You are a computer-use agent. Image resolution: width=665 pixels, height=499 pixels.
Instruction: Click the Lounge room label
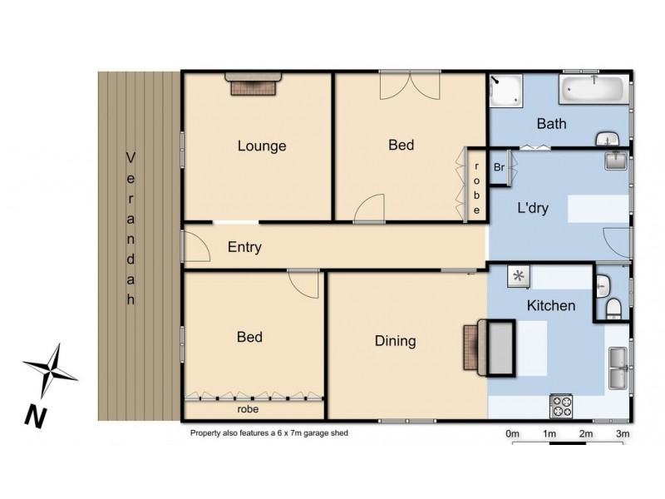(262, 146)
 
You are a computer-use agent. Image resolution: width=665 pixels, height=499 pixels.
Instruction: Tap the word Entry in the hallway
(244, 247)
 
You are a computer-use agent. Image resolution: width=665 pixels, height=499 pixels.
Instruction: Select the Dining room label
(395, 341)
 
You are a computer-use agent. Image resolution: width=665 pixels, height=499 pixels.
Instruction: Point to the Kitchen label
(551, 305)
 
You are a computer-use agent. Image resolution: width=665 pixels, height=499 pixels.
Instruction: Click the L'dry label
(533, 209)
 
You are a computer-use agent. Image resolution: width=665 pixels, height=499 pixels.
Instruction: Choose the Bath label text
(552, 125)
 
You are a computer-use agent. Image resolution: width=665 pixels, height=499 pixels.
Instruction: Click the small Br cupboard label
(499, 167)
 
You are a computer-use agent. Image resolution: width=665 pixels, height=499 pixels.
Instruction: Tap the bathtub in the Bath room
(595, 90)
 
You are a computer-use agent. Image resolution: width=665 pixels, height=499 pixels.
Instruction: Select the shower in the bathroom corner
(506, 92)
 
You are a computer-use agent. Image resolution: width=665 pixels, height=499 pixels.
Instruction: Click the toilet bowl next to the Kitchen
(613, 309)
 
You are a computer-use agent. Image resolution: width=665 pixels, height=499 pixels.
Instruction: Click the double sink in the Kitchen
(619, 368)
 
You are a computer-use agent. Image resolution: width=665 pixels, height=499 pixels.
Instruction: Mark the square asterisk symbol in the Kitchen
(520, 277)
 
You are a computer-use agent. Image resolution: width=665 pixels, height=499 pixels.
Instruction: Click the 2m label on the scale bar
(586, 434)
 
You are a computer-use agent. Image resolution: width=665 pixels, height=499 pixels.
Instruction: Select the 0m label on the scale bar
(513, 434)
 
